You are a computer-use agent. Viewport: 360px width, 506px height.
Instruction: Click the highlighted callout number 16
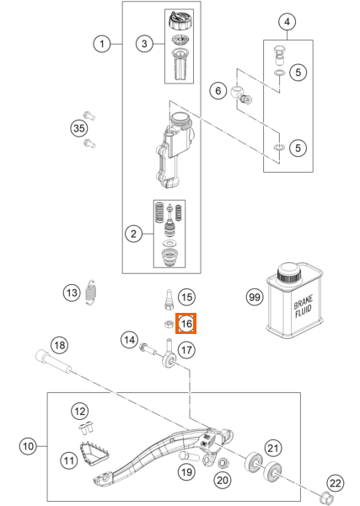tap(186, 323)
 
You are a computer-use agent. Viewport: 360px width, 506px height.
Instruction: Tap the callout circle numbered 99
tap(255, 297)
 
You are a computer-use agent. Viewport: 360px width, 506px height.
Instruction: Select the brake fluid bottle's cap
tap(288, 272)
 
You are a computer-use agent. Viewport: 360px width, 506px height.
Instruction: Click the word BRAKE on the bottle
tap(303, 301)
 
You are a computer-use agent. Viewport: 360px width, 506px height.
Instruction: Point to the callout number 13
tap(72, 293)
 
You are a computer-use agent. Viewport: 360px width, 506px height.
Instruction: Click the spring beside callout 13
tap(92, 293)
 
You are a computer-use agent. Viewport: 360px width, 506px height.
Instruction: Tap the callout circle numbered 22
tap(336, 483)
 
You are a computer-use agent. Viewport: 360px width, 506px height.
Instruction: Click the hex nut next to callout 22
tap(324, 495)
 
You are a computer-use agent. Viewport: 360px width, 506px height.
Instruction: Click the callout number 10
tap(28, 446)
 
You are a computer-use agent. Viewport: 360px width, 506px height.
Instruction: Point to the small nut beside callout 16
tap(169, 324)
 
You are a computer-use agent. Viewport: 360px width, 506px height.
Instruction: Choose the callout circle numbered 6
tap(218, 91)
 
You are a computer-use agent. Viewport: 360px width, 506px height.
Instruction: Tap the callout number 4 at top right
tap(287, 22)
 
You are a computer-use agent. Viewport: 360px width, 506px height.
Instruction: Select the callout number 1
tap(102, 44)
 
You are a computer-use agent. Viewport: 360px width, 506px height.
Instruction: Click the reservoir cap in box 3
tap(180, 20)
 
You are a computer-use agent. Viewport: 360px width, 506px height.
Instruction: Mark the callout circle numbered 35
tap(79, 128)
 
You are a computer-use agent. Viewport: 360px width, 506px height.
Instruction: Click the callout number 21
tap(273, 448)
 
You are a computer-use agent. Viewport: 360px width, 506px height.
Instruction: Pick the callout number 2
tap(133, 234)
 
